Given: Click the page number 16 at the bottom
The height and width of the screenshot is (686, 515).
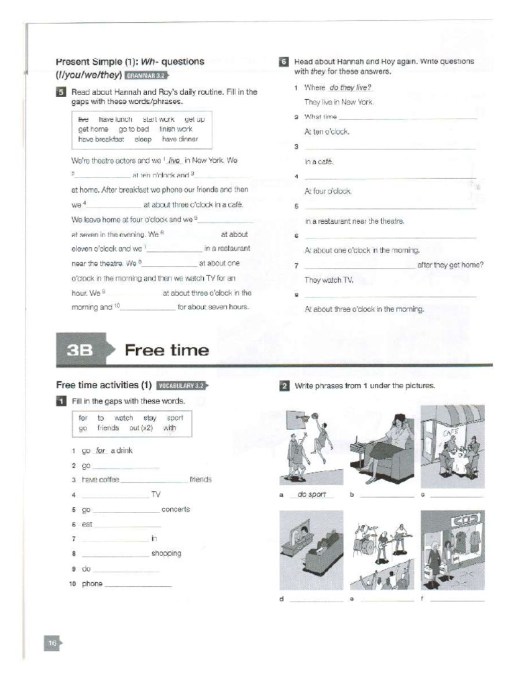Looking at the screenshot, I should (x=52, y=643).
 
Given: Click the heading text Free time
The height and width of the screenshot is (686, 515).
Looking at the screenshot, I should (x=166, y=350).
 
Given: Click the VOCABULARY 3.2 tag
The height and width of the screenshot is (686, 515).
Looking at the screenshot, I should (x=182, y=386).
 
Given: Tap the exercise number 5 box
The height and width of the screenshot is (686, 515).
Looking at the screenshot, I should (x=61, y=92).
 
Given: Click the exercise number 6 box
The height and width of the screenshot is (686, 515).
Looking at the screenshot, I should (x=284, y=62).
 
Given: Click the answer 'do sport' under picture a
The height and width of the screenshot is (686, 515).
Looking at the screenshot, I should (x=312, y=494).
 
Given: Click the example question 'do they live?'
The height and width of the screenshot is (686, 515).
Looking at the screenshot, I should (x=351, y=87).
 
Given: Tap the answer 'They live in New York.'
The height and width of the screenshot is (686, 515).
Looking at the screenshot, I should (x=339, y=102).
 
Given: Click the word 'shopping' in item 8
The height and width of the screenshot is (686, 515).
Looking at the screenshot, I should (x=166, y=553).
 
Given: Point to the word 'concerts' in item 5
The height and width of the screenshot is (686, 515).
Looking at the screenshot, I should (x=176, y=509).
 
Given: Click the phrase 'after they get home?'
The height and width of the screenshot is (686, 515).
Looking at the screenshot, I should (x=450, y=265).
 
